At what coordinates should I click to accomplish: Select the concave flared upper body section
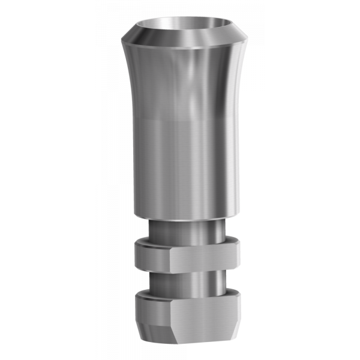point(156,84)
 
